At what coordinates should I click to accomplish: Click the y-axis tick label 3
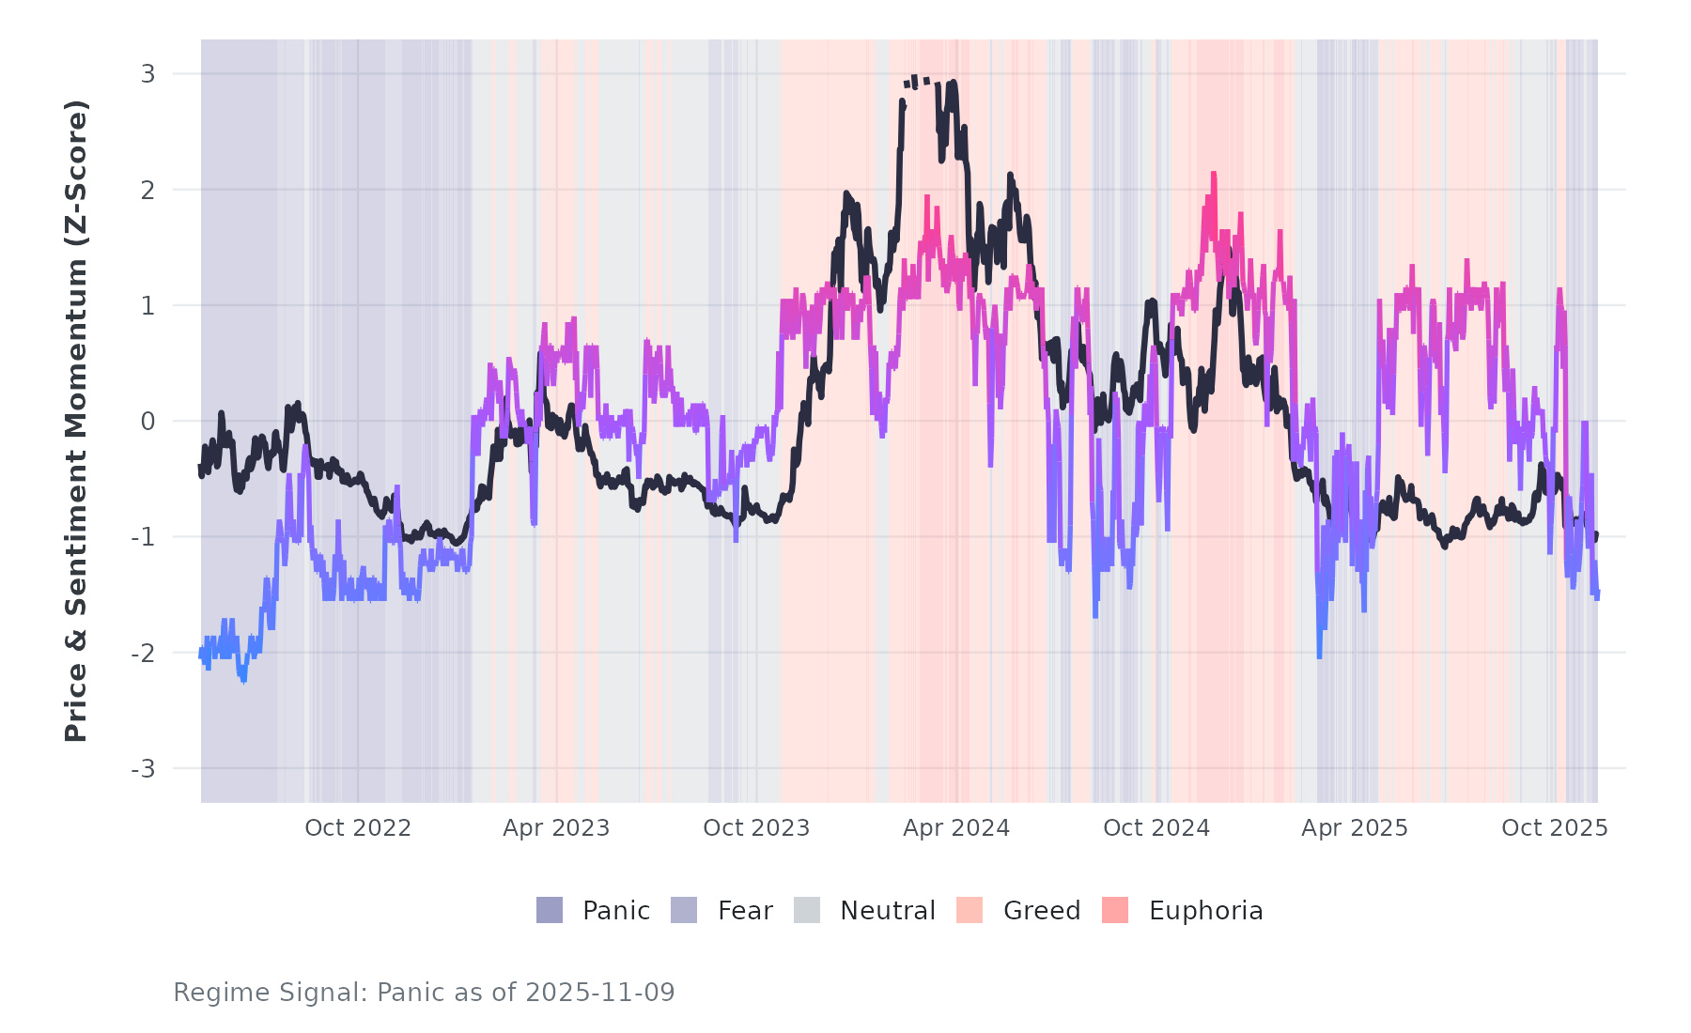147,73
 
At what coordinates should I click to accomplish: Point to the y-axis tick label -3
143,769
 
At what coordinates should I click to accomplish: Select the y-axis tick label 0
147,422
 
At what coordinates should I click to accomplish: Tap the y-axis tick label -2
143,654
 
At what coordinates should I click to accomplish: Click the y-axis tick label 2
147,190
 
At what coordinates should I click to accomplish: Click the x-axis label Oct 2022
358,828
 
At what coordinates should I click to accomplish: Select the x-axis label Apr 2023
556,828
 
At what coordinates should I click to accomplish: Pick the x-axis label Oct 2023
756,828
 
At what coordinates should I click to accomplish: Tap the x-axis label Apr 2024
956,828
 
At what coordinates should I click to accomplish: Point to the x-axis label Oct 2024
1156,828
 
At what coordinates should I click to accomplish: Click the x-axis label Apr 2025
1355,828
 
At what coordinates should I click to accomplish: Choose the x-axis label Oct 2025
1555,828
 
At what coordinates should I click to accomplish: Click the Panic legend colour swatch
550,910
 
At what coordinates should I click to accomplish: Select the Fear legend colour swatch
684,910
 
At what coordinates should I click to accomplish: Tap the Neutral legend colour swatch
807,910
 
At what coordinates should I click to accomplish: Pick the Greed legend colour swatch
970,910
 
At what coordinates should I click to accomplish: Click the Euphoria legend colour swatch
1115,910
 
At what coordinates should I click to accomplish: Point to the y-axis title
76,421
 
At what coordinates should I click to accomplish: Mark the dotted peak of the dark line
916,82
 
